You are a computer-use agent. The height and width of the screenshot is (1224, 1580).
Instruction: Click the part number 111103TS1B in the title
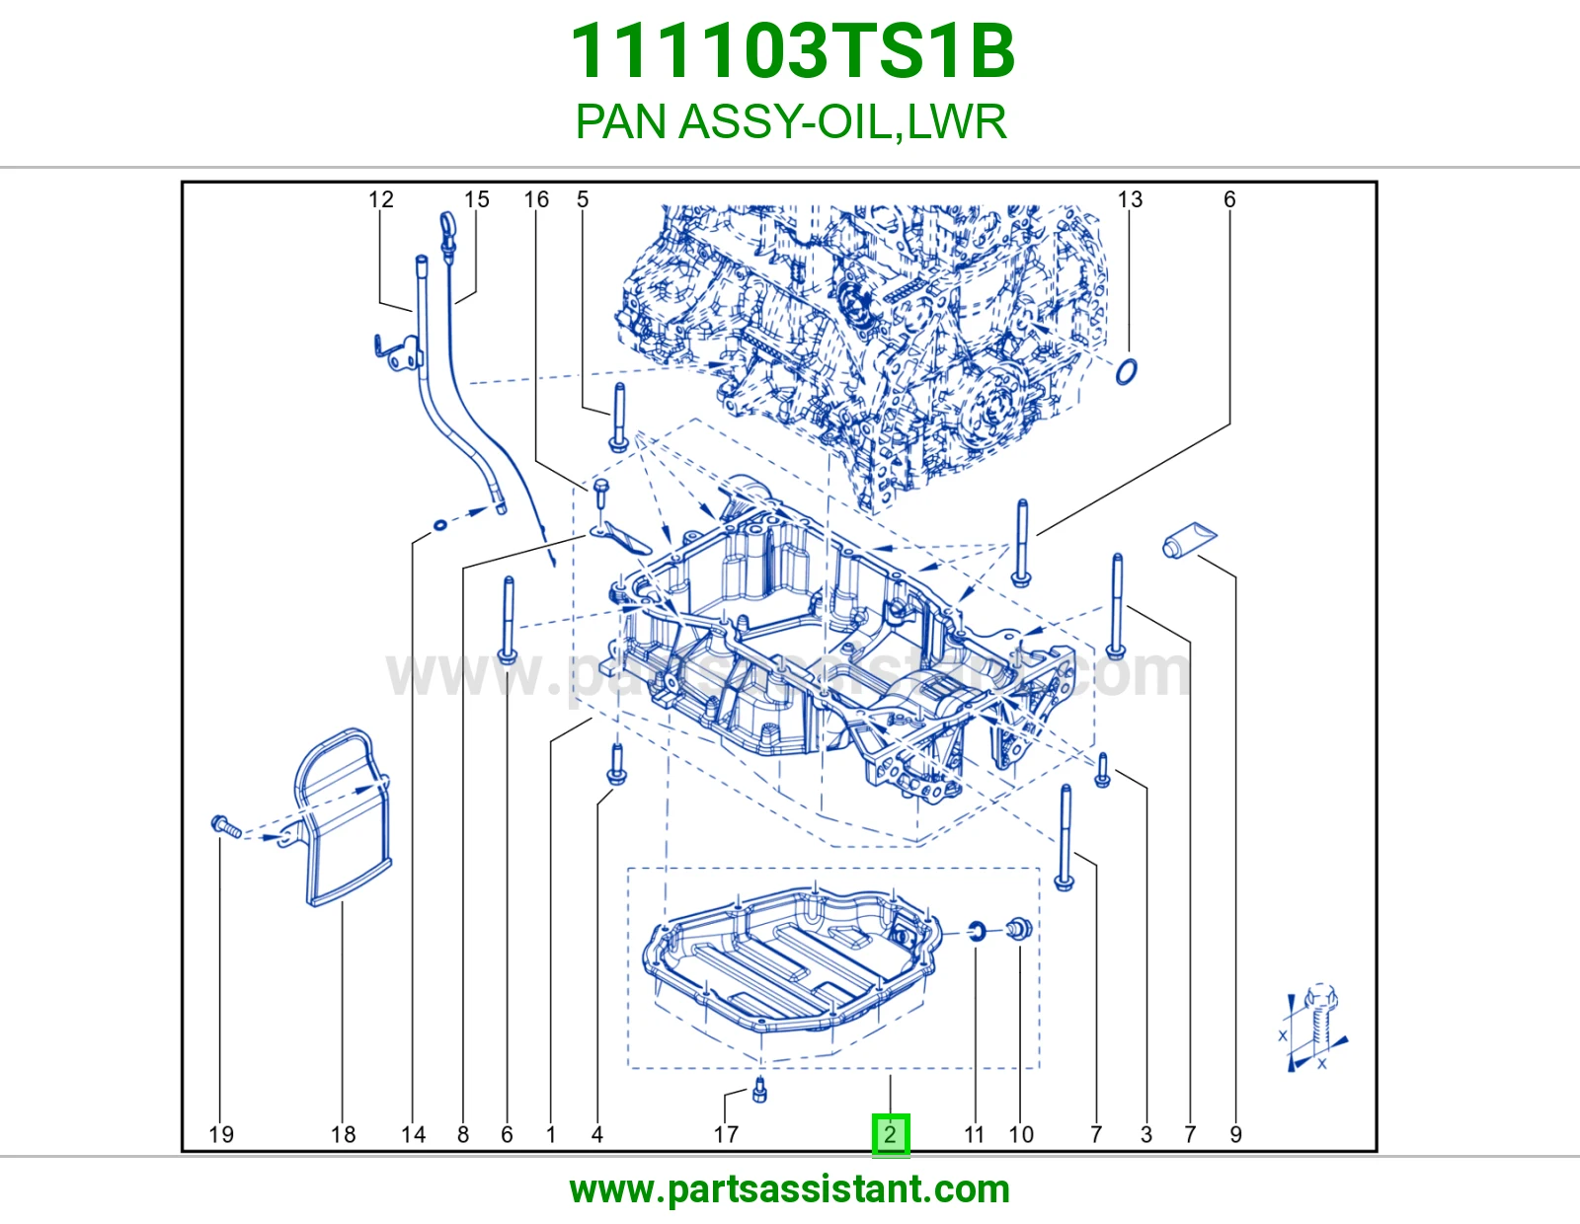[x=792, y=51]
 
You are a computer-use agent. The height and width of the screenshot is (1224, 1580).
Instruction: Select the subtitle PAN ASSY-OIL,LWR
[x=790, y=121]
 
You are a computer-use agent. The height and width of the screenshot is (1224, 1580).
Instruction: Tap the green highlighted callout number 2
[x=891, y=1134]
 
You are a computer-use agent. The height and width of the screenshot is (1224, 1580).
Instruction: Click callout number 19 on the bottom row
[x=221, y=1134]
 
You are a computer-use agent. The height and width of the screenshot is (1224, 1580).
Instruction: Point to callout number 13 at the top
[x=1130, y=199]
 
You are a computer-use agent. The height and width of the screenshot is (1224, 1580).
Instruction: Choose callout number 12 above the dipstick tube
[x=380, y=199]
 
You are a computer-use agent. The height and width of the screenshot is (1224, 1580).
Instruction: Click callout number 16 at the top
[x=536, y=199]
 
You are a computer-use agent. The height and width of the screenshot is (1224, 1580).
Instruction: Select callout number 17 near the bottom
[x=726, y=1134]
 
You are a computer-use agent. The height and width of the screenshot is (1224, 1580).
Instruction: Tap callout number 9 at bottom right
[x=1236, y=1134]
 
